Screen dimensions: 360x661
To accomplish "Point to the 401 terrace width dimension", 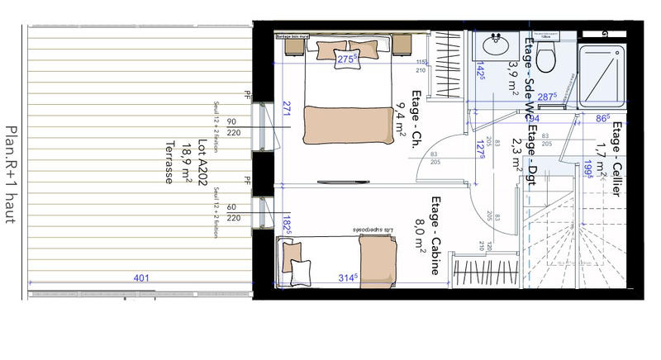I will coord(142,278).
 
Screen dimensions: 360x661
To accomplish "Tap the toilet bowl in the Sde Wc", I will coord(544,57).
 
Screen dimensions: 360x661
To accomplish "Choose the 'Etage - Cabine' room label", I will coord(437,225).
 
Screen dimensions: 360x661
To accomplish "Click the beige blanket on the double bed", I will coord(346,123).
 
